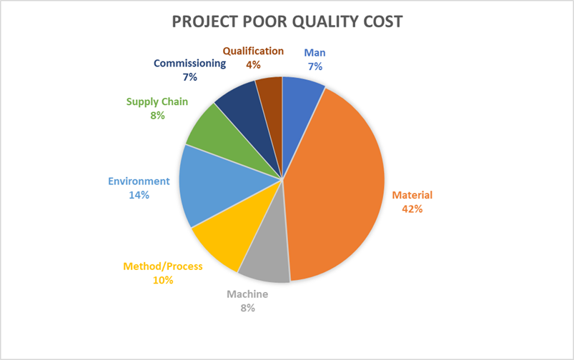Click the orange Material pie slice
(x=336, y=186)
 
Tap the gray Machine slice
(x=264, y=264)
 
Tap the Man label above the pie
(x=315, y=52)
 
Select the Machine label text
(x=247, y=294)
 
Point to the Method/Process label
(x=163, y=266)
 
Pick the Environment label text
(x=139, y=181)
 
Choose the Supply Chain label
(x=157, y=101)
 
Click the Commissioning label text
(x=190, y=63)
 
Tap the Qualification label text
(x=253, y=51)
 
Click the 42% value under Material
(x=412, y=209)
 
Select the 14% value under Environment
(x=139, y=195)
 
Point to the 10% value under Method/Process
(x=163, y=280)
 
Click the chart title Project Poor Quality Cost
(x=287, y=21)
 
